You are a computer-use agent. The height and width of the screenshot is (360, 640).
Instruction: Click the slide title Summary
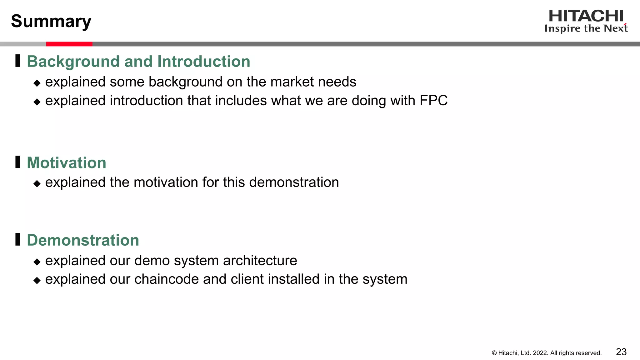pyautogui.click(x=51, y=21)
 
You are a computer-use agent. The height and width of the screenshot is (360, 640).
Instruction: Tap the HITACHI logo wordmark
pyautogui.click(x=586, y=16)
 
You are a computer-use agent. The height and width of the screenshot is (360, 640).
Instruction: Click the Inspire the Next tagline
pyautogui.click(x=586, y=28)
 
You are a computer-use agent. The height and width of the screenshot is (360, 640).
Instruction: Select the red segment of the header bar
pyautogui.click(x=69, y=44)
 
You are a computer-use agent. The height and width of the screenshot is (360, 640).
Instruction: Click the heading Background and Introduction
pyautogui.click(x=138, y=61)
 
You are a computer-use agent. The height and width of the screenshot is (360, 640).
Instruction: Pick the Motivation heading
pyautogui.click(x=67, y=163)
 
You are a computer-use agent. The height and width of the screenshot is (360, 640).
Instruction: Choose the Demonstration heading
pyautogui.click(x=83, y=240)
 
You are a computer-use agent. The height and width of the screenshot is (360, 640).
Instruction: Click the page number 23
pyautogui.click(x=621, y=352)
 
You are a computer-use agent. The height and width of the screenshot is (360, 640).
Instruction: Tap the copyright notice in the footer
pyautogui.click(x=547, y=353)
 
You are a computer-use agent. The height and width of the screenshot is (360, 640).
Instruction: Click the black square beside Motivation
pyautogui.click(x=18, y=162)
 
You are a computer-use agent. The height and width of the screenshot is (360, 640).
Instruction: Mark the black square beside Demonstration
pyautogui.click(x=18, y=239)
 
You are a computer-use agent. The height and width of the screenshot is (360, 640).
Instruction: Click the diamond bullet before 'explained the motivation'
pyautogui.click(x=37, y=183)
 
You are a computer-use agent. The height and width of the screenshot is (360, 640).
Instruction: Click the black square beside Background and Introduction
pyautogui.click(x=18, y=61)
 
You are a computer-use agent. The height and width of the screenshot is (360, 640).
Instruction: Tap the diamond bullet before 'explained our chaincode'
pyautogui.click(x=37, y=280)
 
